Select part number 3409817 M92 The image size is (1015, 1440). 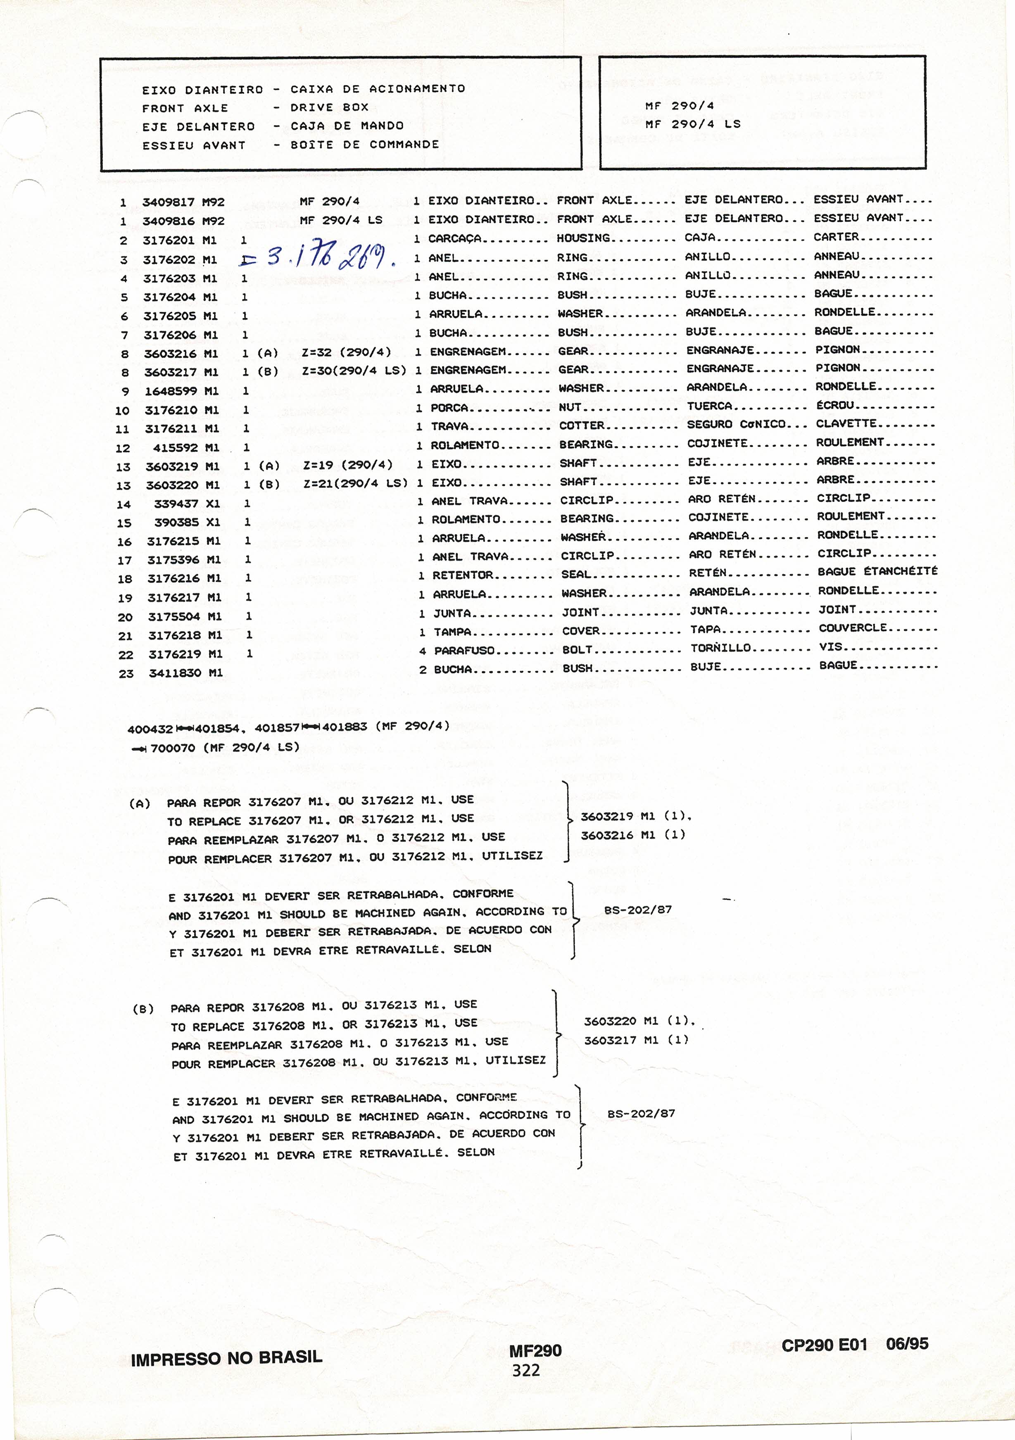(x=183, y=202)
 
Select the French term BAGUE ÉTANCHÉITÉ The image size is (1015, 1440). (x=877, y=571)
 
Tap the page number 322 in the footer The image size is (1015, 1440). (x=526, y=1370)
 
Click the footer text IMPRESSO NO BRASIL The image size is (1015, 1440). (x=226, y=1359)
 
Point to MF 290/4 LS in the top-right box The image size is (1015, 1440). (x=692, y=124)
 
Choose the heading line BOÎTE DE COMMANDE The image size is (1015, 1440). (x=364, y=144)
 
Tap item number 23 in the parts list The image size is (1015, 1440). (x=126, y=674)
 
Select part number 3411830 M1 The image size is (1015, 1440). (x=185, y=673)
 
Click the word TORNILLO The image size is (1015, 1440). (x=720, y=648)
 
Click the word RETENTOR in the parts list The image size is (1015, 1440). (x=462, y=575)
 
